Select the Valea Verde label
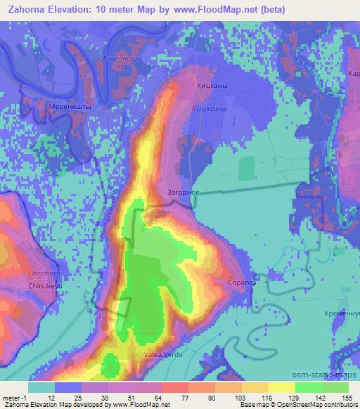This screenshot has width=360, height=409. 163,355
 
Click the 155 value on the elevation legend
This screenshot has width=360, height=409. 347,398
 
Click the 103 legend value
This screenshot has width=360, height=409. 238,398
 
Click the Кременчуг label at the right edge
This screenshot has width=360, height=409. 349,312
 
